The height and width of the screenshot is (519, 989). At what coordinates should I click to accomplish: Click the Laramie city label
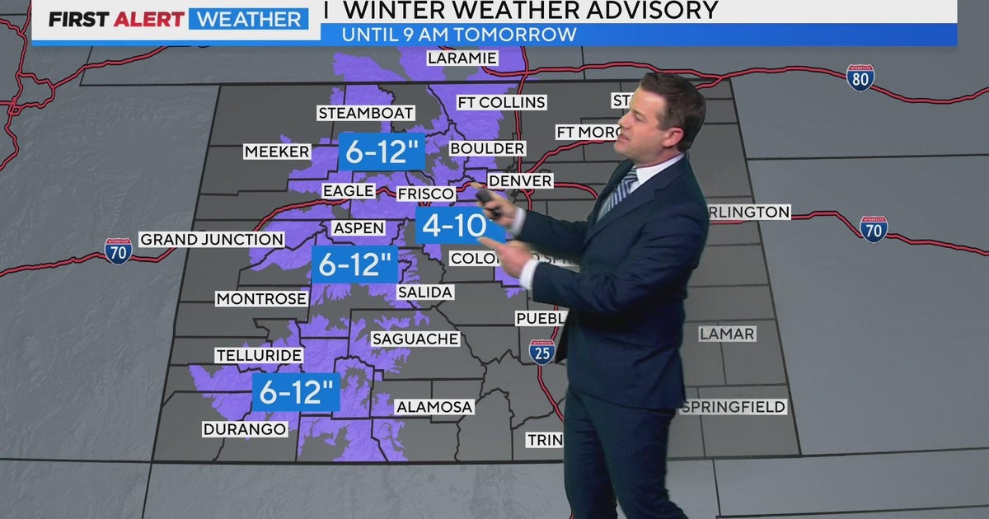tap(462, 58)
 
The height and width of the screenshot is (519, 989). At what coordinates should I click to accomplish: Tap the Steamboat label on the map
tap(359, 113)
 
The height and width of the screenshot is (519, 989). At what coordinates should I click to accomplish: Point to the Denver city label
tap(519, 180)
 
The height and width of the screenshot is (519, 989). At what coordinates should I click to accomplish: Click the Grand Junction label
tap(212, 240)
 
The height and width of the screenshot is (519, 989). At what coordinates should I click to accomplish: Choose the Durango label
tap(244, 429)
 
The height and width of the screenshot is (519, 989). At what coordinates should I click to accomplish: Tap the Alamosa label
tap(434, 407)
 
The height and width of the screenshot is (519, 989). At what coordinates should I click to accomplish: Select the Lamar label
tap(726, 334)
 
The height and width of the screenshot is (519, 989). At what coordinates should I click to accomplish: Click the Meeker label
tap(277, 152)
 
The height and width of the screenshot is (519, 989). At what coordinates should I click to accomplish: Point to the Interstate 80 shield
tap(860, 77)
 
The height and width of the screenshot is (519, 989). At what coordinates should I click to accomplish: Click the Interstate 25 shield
tap(541, 352)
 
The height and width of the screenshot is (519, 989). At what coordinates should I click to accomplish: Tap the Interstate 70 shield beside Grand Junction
tap(119, 250)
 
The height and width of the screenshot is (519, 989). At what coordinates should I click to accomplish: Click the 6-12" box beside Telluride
tap(297, 391)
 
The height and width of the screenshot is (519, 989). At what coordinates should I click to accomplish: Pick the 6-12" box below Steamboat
tap(382, 152)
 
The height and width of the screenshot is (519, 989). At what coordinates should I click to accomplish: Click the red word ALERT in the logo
tap(150, 19)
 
